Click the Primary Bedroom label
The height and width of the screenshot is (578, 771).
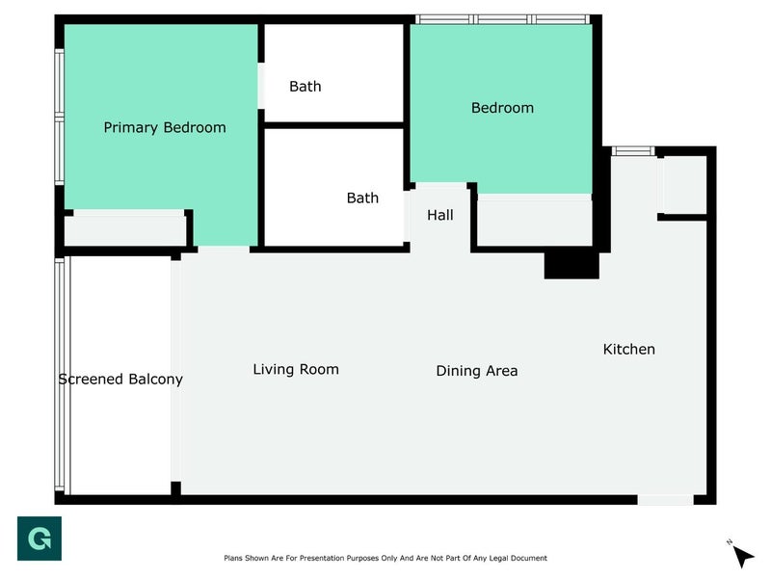pos(165,128)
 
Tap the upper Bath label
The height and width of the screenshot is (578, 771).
pos(306,87)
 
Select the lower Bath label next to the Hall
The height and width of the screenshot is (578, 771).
pos(362,198)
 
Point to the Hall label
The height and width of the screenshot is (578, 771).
pos(440,215)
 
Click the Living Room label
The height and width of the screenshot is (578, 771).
pos(296,369)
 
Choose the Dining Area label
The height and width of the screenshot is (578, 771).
pos(477,371)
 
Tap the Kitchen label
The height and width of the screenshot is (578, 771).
pos(629,350)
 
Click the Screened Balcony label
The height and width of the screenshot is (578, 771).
pos(120,379)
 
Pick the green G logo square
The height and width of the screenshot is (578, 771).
pos(40,539)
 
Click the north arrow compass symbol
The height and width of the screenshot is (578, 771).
pos(741,556)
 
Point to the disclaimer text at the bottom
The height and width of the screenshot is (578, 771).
pos(385,558)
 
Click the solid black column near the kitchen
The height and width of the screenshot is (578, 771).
pos(572,266)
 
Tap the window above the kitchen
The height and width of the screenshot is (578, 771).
pos(633,151)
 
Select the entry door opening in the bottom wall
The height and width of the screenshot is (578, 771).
pos(665,500)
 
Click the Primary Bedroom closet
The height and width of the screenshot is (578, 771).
pos(125,228)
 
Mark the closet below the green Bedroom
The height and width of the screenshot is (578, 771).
pos(535,221)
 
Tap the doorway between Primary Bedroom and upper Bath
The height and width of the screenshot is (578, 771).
pos(261,86)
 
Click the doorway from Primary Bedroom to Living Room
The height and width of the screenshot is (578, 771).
pos(224,250)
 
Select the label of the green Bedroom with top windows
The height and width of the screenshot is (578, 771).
pos(502,108)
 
